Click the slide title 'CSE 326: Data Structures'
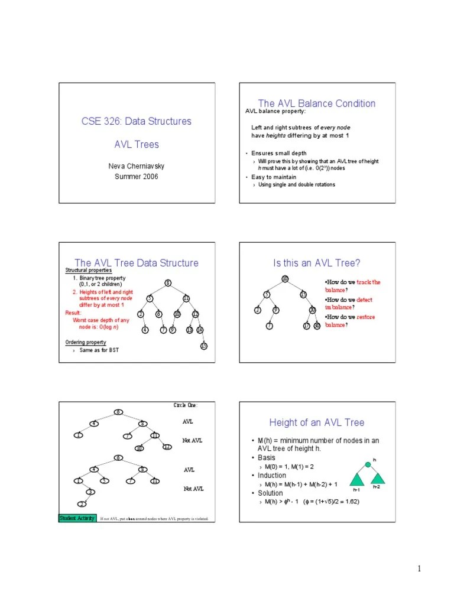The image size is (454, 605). pos(136,121)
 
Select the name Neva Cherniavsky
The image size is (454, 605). pos(136,166)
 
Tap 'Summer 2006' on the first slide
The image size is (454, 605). pos(136,177)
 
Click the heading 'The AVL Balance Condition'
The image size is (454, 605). pos(317,103)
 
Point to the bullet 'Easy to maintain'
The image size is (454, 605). pos(274,177)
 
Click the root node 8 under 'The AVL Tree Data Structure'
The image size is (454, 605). pos(168,283)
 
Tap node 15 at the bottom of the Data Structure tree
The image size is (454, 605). pos(203,346)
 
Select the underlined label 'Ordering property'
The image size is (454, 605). pos(86,343)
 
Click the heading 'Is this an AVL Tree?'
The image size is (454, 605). pos(317,263)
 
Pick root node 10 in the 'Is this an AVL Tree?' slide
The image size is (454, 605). pos(284,278)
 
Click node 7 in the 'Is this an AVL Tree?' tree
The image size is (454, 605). pos(269,326)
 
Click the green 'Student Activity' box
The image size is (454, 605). pos(77,518)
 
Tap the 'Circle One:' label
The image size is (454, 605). pos(186,405)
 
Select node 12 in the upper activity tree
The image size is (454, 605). pos(167,447)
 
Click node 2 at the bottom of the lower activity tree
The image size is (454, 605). pos(82,503)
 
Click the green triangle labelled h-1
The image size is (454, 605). pos(356,478)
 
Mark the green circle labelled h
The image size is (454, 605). pos(368,465)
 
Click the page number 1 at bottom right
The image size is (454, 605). pos(419,569)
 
